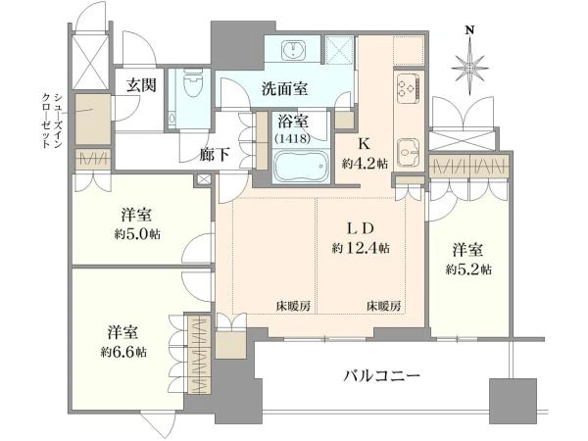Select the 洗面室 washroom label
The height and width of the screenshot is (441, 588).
click(284, 88)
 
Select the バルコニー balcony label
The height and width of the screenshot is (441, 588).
click(381, 376)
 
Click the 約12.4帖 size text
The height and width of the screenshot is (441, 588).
click(362, 248)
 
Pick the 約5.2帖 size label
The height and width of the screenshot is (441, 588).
click(468, 268)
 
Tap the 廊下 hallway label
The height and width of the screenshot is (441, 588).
click(215, 154)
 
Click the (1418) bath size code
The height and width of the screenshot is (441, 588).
click(289, 138)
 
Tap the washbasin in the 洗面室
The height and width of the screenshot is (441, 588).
click(294, 50)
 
